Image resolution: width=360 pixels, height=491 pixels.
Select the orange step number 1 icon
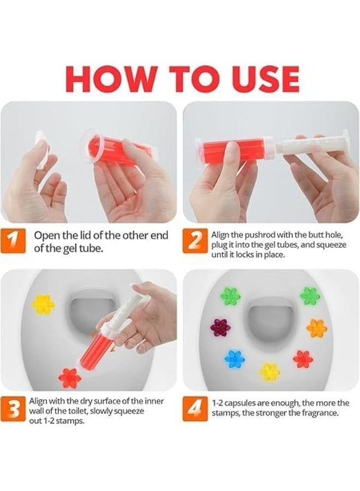[13, 241]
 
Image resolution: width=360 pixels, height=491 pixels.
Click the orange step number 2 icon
[195, 241]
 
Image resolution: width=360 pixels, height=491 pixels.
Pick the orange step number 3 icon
[13, 409]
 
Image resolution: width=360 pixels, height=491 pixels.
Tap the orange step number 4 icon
[195, 409]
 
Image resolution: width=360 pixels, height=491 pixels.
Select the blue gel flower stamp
[234, 359]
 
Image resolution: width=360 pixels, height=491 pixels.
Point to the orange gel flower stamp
[316, 328]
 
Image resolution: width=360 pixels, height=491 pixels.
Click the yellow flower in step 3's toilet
[44, 304]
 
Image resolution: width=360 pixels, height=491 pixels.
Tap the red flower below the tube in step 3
[70, 378]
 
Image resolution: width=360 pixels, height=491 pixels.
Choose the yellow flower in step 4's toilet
[269, 372]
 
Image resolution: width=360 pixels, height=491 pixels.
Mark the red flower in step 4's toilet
[303, 359]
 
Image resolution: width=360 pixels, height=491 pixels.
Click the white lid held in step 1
[42, 151]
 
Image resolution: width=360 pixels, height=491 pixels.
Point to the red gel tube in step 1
[117, 148]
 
